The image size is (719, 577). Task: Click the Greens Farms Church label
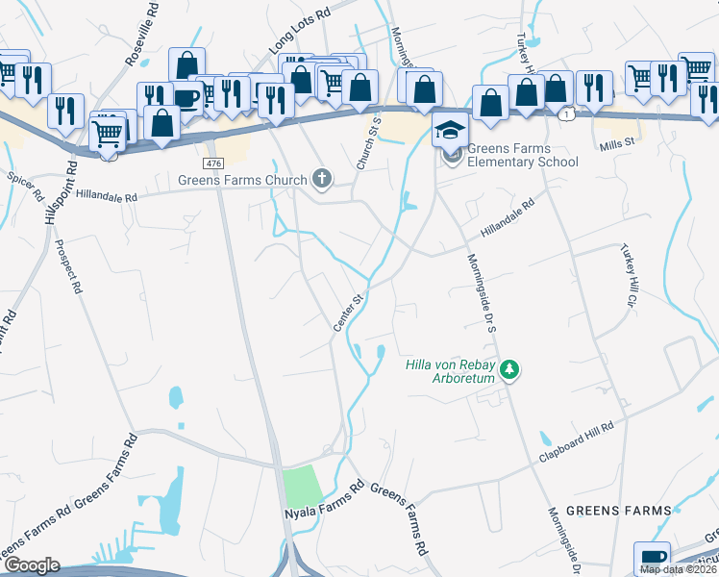[x=242, y=179]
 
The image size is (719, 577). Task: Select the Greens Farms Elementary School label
[x=523, y=155]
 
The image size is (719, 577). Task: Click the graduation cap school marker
[x=449, y=127]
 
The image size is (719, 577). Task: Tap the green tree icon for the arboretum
[x=510, y=369]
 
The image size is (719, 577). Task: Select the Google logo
[x=32, y=565]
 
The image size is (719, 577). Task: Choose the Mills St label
[x=618, y=141]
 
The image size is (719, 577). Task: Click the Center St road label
[x=347, y=314]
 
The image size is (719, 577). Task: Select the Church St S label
[x=369, y=145]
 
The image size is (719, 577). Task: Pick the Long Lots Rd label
[x=299, y=29]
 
